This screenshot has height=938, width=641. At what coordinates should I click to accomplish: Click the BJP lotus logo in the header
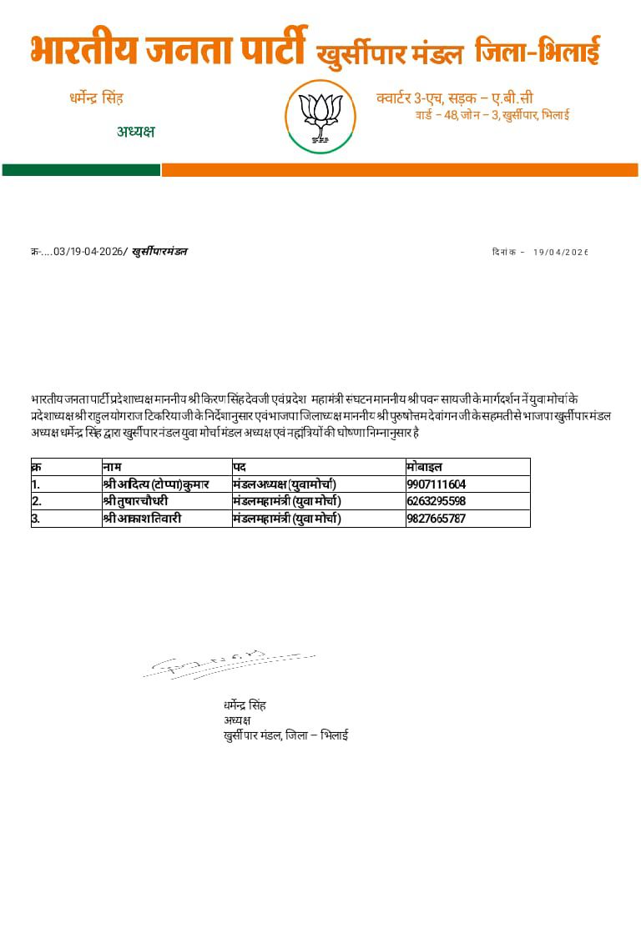pyautogui.click(x=320, y=117)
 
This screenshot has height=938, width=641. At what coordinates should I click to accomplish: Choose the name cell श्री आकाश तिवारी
pyautogui.click(x=142, y=519)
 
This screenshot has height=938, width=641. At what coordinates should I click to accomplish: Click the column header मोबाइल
pyautogui.click(x=425, y=467)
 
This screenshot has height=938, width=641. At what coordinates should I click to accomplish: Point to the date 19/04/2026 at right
pyautogui.click(x=561, y=253)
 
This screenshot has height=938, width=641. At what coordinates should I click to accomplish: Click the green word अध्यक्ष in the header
pyautogui.click(x=135, y=132)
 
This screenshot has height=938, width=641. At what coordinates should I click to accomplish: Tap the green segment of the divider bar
pyautogui.click(x=81, y=170)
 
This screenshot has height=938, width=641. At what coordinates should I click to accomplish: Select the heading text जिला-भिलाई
pyautogui.click(x=538, y=53)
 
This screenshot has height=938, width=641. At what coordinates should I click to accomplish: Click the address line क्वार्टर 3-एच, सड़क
pyautogui.click(x=455, y=98)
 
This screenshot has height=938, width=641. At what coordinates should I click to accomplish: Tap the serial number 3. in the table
pyautogui.click(x=37, y=519)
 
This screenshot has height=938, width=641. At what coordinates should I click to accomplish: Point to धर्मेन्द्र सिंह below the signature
pyautogui.click(x=245, y=705)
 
